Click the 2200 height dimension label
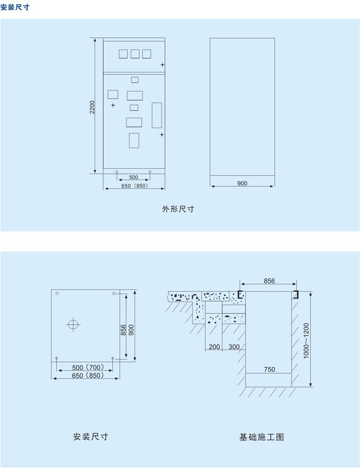click(92, 107)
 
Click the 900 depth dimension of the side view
click(242, 183)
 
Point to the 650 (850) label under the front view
click(134, 186)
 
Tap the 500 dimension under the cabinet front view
click(134, 177)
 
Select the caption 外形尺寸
click(178, 209)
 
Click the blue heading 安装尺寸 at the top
click(15, 7)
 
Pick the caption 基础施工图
click(262, 437)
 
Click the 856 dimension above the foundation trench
click(269, 281)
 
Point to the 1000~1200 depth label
click(306, 341)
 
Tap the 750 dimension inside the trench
click(269, 370)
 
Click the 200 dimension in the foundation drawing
click(214, 346)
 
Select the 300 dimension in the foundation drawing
click(234, 346)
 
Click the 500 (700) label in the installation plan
click(88, 367)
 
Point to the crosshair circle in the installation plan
click(73, 324)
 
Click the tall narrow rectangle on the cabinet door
click(157, 115)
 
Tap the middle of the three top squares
click(135, 54)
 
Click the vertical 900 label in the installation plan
click(131, 330)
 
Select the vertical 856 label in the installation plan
click(123, 330)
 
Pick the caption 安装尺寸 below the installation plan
click(91, 436)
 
